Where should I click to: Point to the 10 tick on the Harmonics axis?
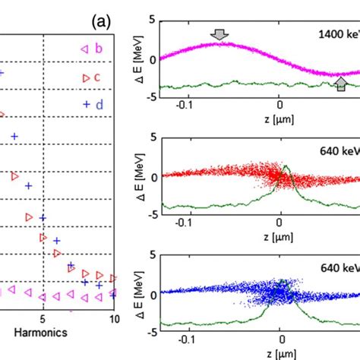(x=113, y=319)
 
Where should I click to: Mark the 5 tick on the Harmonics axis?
(x=43, y=319)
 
